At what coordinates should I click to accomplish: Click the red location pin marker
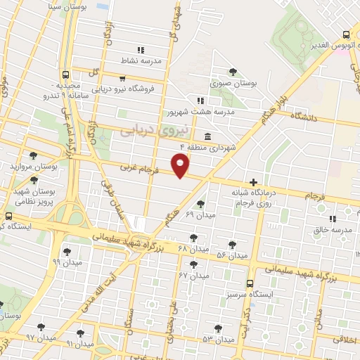pyautogui.click(x=181, y=166)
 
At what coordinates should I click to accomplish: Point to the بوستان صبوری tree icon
pyautogui.click(x=233, y=72)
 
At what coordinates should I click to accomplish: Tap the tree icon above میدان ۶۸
pyautogui.click(x=193, y=238)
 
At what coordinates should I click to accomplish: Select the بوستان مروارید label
pyautogui.click(x=33, y=167)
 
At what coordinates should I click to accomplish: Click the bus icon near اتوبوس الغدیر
pyautogui.click(x=346, y=34)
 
